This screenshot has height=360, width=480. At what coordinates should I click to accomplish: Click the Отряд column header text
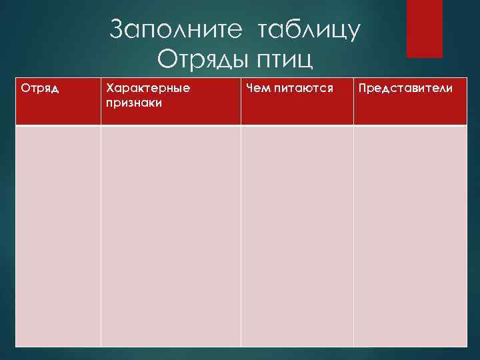(x=40, y=87)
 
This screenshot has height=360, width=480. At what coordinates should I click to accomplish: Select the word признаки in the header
(x=133, y=103)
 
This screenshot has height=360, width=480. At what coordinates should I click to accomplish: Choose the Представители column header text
(x=405, y=87)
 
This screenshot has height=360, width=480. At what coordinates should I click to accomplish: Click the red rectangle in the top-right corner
(x=425, y=28)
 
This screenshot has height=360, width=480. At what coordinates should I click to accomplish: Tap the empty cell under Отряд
(x=58, y=237)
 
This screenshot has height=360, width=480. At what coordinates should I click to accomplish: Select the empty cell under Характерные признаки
(x=171, y=237)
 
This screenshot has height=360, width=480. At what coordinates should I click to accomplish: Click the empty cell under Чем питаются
(x=297, y=237)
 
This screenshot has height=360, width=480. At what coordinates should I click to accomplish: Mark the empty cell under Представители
(x=409, y=237)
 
